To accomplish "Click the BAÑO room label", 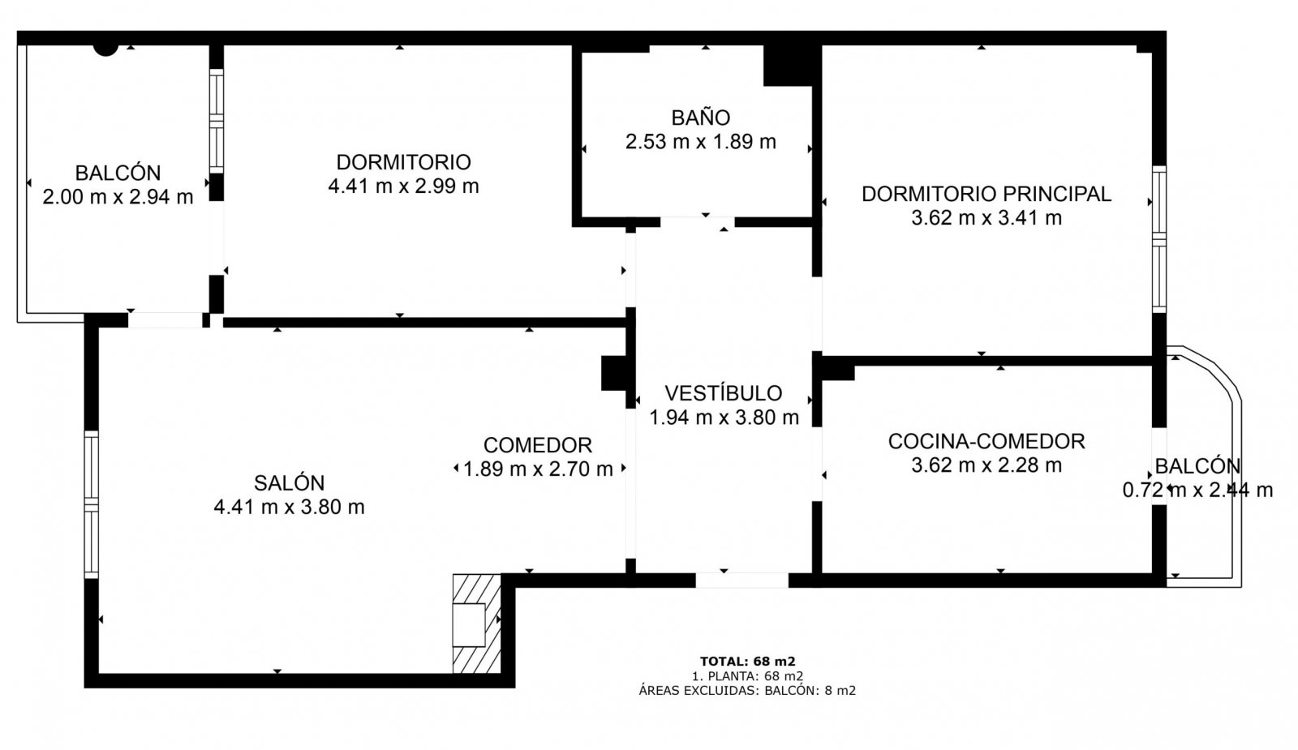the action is point(701,118).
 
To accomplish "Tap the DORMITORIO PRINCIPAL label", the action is point(986,194).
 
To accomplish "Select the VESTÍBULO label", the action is point(723,393).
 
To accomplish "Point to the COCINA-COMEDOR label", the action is point(986,441).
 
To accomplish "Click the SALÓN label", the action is point(289,482).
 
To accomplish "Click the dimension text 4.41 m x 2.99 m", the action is point(403,186).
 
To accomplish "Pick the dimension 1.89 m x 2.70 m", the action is point(538,469).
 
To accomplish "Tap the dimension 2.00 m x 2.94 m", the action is point(118,197).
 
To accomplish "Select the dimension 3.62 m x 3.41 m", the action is point(986,218).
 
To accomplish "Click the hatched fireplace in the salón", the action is point(476,624).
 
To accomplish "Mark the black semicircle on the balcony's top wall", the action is point(106,50).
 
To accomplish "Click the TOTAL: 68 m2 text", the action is point(747,662).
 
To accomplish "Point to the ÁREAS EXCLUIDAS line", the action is point(747,690).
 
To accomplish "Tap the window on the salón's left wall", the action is point(91,504).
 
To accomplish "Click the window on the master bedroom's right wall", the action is point(1159,239).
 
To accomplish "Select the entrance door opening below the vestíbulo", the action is point(741,581).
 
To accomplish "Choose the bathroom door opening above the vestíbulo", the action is point(698,222).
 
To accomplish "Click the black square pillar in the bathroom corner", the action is point(788,66).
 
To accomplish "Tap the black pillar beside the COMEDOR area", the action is point(614,373).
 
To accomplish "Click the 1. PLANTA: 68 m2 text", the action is point(747,676).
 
